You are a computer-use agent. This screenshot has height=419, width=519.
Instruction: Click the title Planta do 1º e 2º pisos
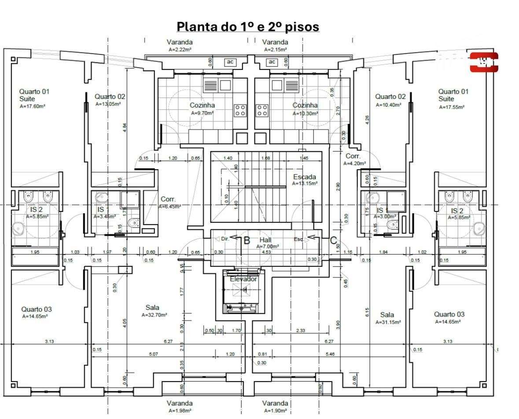point(248,27)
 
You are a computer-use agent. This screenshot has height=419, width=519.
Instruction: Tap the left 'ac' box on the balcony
point(229,62)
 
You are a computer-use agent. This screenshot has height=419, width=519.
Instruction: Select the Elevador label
point(243,279)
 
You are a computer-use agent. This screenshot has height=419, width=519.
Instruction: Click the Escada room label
point(305,177)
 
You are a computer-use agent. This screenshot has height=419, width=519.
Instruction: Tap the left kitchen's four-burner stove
point(240,110)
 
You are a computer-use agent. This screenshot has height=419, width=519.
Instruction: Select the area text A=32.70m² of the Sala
point(154,315)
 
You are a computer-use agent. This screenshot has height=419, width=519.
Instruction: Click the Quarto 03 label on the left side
point(37,309)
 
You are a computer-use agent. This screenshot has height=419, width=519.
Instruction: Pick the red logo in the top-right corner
point(484,62)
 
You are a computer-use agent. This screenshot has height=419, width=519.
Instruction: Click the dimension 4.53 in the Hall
point(266,252)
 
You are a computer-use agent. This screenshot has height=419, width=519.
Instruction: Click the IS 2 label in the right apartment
point(458,211)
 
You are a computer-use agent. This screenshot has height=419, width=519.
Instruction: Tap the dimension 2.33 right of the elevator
point(301,330)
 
